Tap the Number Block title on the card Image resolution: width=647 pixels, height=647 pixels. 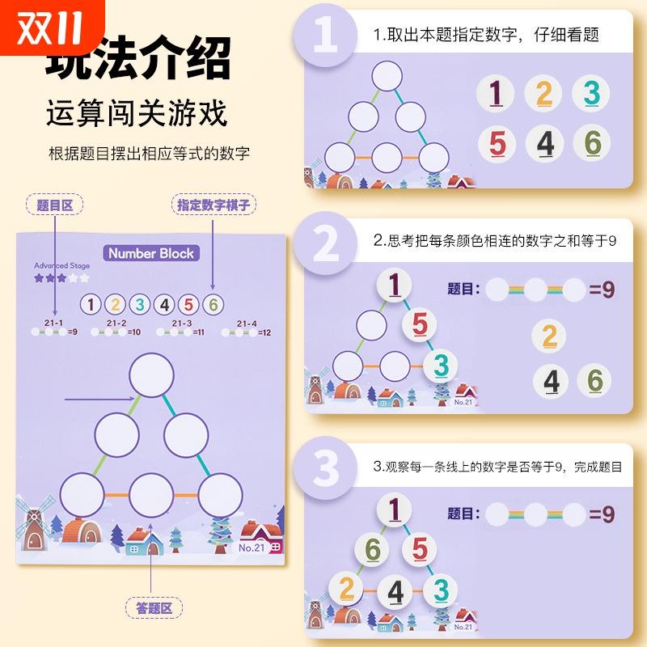point(151,253)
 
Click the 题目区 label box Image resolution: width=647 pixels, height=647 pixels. point(55,205)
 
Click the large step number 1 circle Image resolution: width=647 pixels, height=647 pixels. point(326,36)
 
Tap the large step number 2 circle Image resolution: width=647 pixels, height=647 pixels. point(326,243)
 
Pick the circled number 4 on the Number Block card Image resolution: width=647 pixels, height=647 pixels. point(164,305)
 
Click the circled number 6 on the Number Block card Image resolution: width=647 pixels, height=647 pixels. point(213,305)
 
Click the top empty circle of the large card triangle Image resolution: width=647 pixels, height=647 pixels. point(152,375)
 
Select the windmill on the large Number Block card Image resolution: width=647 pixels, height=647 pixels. point(35,526)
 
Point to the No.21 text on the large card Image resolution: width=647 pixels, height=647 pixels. point(252,548)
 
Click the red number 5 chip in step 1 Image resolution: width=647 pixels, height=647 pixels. point(497,144)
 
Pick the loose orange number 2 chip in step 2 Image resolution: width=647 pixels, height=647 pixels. point(549,336)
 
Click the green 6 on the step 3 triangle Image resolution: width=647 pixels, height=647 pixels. point(372,550)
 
